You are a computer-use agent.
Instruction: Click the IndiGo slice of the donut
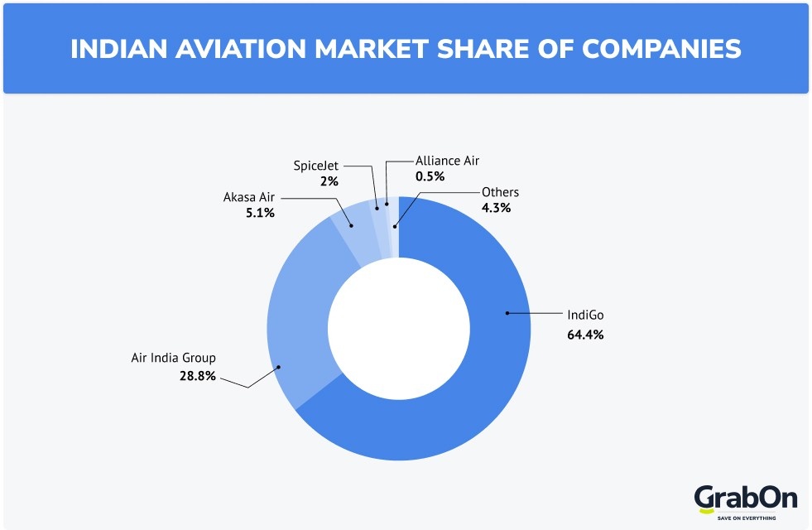point(464,389)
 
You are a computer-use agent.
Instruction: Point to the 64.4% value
point(585,335)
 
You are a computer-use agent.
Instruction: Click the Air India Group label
point(173,358)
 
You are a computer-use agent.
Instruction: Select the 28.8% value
point(198,376)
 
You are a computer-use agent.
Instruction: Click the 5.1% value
point(260,213)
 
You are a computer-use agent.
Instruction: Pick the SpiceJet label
point(316,166)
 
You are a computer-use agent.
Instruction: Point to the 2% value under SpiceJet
point(330,181)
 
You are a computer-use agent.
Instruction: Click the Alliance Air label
point(447,161)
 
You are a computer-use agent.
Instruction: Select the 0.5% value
point(430,176)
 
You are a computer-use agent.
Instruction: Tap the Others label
point(500,192)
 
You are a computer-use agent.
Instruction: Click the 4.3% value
point(496,208)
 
